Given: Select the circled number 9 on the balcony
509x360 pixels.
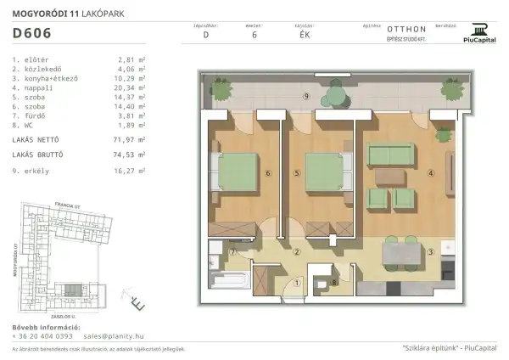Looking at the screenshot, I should [306, 95].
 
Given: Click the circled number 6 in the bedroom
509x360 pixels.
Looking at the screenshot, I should [268, 174].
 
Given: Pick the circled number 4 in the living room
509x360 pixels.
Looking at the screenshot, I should [431, 174].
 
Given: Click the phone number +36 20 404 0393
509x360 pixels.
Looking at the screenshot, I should [42, 336].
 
